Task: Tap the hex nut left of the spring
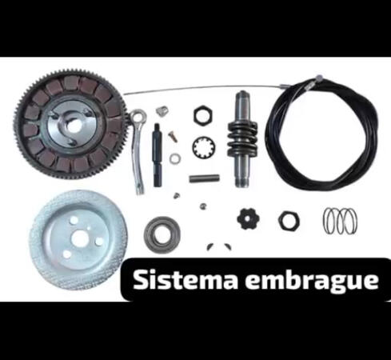pyautogui.click(x=288, y=218)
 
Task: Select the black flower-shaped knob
pyautogui.click(x=247, y=218)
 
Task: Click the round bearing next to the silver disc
pyautogui.click(x=162, y=233)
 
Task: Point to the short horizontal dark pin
pyautogui.click(x=204, y=178)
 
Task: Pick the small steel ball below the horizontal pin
pyautogui.click(x=204, y=206)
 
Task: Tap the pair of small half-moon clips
pyautogui.click(x=213, y=246)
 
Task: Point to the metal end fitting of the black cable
pyautogui.click(x=318, y=78)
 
